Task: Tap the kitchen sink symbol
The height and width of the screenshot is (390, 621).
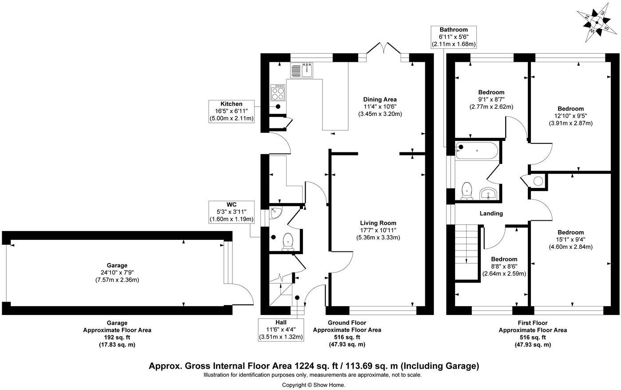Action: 302,70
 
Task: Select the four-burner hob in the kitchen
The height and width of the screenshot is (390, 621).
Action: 278,93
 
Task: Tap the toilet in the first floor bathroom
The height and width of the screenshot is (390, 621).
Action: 467,191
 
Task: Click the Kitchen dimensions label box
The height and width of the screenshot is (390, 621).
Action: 232,111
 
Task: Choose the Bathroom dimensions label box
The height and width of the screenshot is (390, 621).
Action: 453,37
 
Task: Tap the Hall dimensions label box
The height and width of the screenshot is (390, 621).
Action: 281,330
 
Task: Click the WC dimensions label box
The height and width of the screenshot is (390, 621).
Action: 231,212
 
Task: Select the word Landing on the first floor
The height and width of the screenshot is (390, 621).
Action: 491,213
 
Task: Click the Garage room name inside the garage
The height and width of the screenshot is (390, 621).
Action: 117,265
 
